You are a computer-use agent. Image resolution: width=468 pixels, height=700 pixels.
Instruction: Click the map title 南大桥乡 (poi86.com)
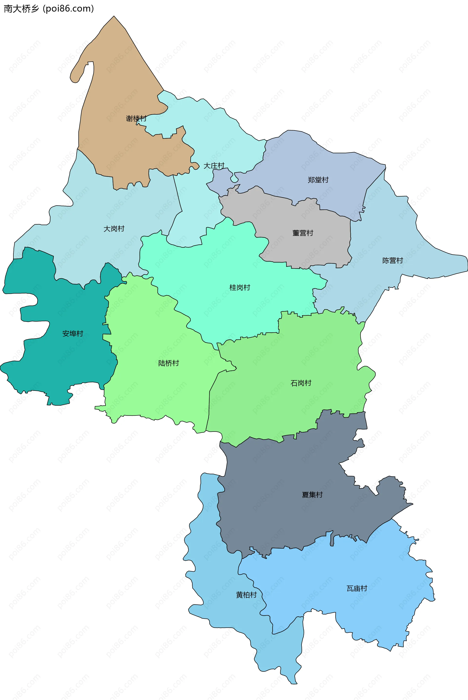coord(49,9)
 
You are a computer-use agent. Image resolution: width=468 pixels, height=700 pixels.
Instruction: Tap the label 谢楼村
coord(136,118)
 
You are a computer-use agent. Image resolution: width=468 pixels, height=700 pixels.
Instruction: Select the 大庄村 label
coord(214,166)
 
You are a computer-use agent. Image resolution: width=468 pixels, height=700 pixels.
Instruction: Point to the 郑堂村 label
coord(318,180)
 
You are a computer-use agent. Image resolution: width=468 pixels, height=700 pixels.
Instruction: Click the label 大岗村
coord(114,229)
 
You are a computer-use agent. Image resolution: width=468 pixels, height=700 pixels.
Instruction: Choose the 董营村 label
coord(303,233)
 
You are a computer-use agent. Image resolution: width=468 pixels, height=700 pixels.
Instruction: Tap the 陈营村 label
coord(392,261)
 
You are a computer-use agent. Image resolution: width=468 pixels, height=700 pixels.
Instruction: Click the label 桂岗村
coord(240,287)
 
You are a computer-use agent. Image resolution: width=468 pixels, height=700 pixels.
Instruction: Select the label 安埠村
coord(73,334)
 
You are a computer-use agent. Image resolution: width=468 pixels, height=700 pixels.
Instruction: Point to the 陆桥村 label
coord(168,363)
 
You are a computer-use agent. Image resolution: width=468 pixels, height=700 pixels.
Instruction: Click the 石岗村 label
coord(301,383)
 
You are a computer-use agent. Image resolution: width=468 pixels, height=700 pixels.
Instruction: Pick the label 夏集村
coord(312,495)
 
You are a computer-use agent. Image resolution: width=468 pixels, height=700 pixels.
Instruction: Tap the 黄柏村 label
coord(246,595)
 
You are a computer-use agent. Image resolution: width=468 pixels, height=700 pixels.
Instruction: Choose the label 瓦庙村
coord(357,588)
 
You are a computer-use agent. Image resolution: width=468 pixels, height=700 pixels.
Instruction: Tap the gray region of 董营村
coord(283,218)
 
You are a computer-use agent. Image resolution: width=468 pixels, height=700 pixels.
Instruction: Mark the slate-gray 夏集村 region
coord(283,507)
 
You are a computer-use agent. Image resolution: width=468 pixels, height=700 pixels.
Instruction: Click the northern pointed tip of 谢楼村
coord(114,17)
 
